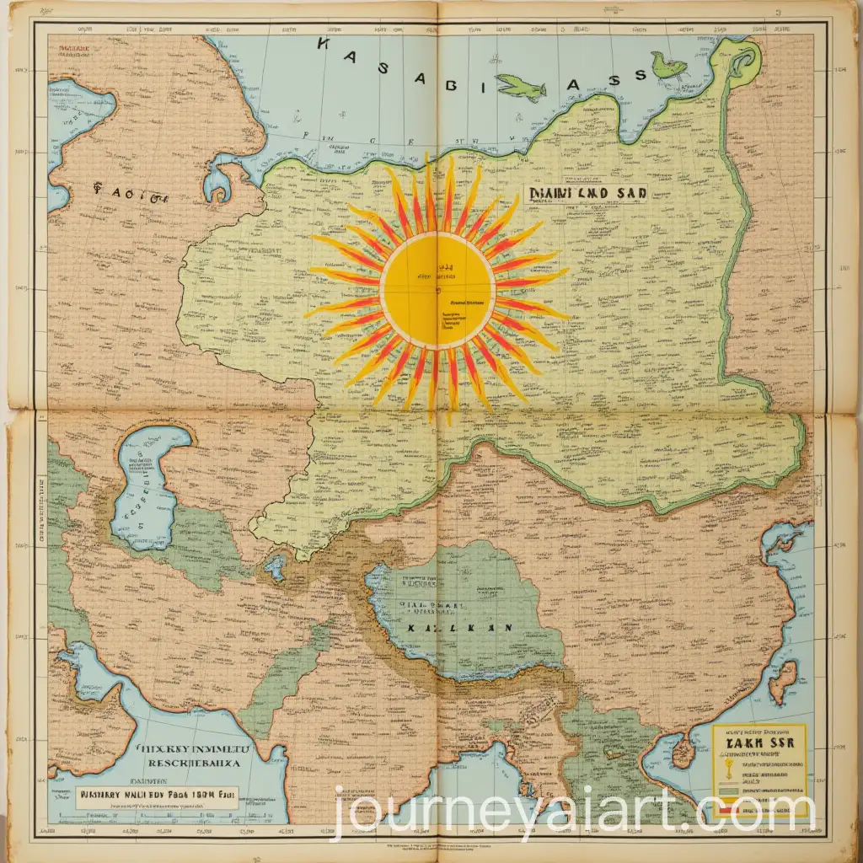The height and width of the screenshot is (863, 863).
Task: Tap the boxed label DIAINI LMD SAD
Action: click(x=587, y=193)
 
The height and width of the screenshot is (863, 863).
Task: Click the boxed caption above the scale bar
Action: click(x=156, y=793)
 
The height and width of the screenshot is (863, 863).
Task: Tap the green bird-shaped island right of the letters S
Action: click(x=669, y=64)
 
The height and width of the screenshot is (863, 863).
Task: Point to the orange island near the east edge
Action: click(x=784, y=681)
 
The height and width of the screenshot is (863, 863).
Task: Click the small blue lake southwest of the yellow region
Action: click(x=276, y=566)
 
